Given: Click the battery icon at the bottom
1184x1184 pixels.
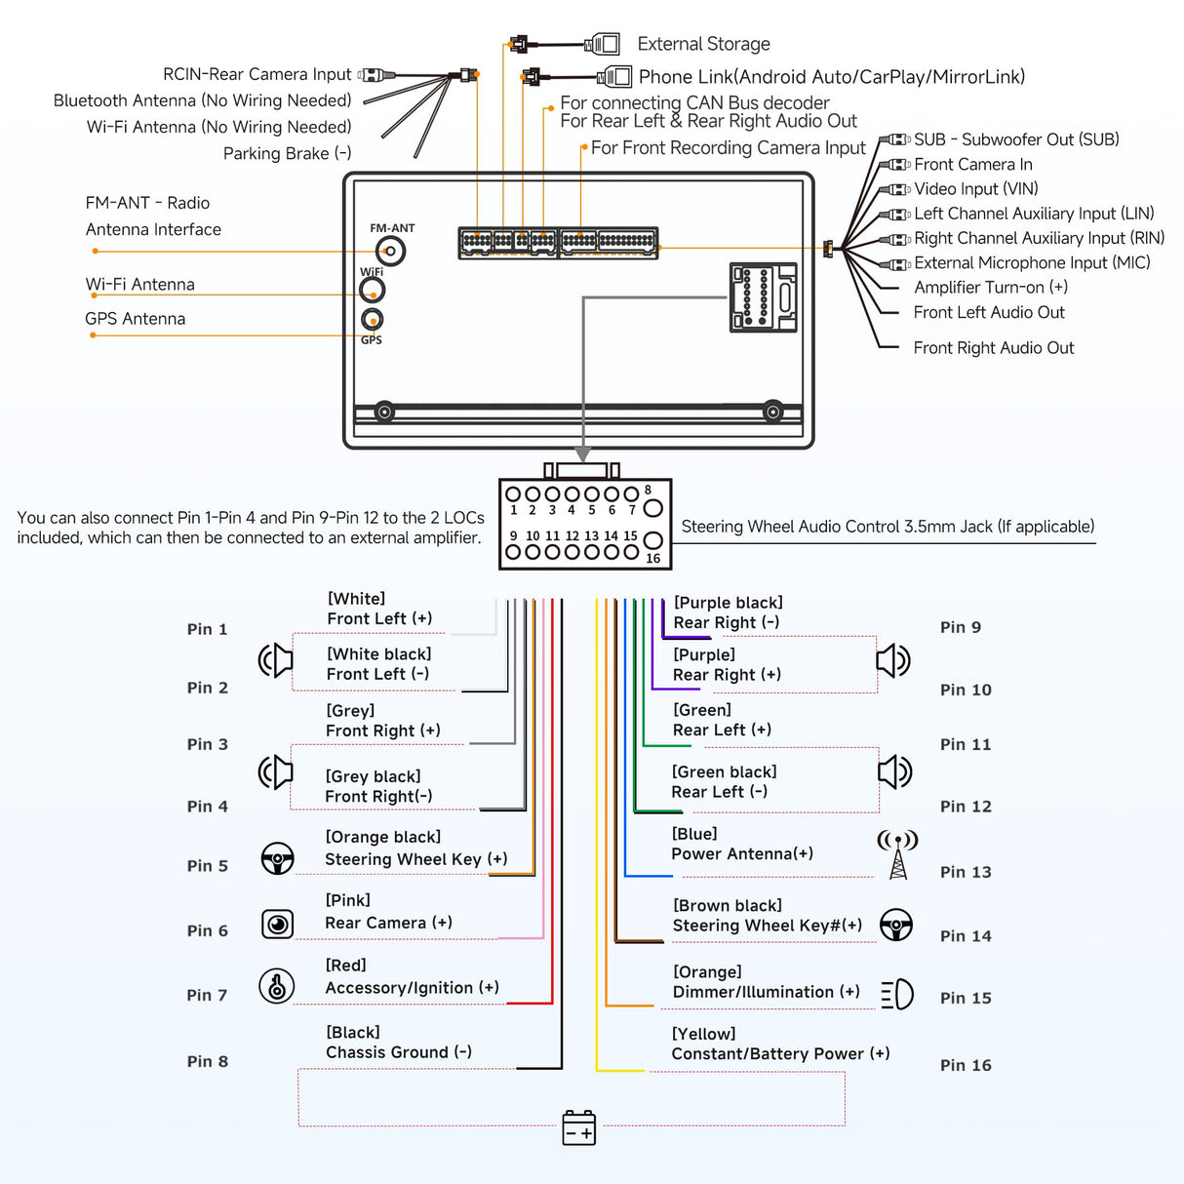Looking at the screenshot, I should click(579, 1127).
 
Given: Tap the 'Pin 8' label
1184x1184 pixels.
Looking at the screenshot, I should click(208, 1061).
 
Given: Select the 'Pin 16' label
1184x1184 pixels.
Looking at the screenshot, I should click(966, 1065).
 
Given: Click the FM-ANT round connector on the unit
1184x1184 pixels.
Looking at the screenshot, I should click(391, 252).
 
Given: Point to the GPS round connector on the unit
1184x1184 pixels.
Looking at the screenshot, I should click(372, 319).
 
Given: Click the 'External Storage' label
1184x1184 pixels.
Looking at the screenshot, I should click(703, 44).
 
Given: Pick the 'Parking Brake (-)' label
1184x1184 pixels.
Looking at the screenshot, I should click(287, 153).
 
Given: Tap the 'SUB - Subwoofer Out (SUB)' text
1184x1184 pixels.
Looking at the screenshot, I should click(1016, 139).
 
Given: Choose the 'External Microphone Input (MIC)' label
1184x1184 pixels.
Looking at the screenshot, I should click(1032, 262).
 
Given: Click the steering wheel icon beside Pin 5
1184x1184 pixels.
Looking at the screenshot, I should click(278, 858).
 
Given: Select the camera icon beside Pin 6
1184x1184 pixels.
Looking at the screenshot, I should click(278, 924).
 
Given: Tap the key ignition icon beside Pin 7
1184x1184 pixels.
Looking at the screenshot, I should click(277, 986).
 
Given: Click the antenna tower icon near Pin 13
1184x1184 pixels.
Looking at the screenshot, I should click(897, 853).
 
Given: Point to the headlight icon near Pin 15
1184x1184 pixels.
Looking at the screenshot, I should click(897, 994).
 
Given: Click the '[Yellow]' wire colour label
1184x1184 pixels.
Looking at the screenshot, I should click(703, 1034).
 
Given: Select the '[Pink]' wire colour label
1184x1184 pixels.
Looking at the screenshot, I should click(347, 900).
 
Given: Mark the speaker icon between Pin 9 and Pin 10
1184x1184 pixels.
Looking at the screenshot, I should click(893, 660).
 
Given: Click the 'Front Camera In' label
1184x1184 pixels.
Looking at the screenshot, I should click(972, 165).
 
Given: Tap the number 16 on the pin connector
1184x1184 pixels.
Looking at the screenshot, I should click(652, 559).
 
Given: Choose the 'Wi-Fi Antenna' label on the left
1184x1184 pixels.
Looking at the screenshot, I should click(139, 285).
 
